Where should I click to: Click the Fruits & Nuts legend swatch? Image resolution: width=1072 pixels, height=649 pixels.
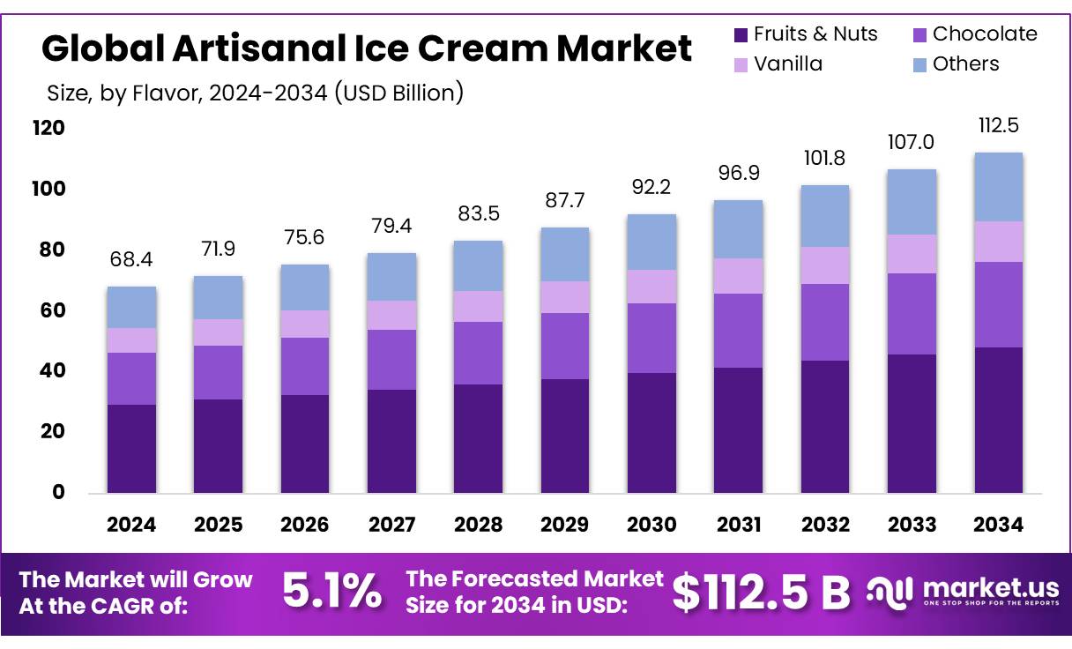pyautogui.click(x=741, y=35)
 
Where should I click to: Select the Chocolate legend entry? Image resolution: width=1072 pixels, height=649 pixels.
pyautogui.click(x=975, y=34)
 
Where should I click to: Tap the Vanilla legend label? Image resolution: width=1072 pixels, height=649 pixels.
pyautogui.click(x=788, y=64)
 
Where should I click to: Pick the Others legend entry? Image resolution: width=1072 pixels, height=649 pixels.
pyautogui.click(x=957, y=64)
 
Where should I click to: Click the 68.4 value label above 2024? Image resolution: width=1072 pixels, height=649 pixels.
pyautogui.click(x=131, y=259)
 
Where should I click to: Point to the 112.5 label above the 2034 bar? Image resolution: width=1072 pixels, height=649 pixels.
pyautogui.click(x=999, y=125)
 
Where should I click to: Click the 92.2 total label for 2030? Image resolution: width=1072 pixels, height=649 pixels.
pyautogui.click(x=651, y=187)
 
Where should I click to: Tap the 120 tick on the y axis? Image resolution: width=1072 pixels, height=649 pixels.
pyautogui.click(x=48, y=128)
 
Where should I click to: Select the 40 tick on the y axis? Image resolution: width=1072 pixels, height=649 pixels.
pyautogui.click(x=53, y=370)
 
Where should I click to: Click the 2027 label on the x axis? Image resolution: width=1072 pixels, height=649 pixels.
pyautogui.click(x=391, y=525)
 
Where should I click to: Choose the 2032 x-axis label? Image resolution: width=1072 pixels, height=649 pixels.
pyautogui.click(x=825, y=525)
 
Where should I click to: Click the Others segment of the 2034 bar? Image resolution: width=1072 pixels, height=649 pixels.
pyautogui.click(x=999, y=187)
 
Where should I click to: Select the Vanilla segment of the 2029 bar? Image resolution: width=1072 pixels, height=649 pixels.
pyautogui.click(x=565, y=297)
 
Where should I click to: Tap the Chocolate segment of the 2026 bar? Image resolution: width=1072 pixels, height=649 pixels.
pyautogui.click(x=305, y=367)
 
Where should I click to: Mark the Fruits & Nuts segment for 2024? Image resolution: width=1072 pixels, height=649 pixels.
pyautogui.click(x=131, y=449)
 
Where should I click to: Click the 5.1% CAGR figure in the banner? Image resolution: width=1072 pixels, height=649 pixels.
pyautogui.click(x=332, y=592)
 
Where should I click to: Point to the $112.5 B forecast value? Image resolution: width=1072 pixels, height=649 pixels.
pyautogui.click(x=761, y=593)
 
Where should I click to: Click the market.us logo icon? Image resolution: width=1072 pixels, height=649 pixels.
pyautogui.click(x=890, y=593)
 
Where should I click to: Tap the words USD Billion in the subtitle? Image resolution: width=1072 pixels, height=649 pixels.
pyautogui.click(x=398, y=93)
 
